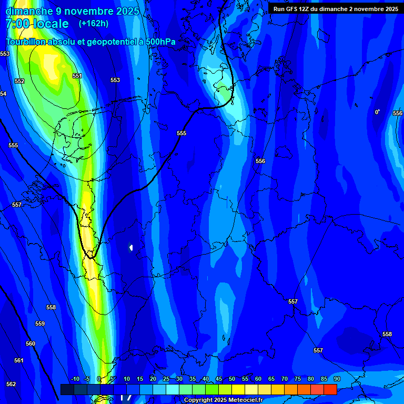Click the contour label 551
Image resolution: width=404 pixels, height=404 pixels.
(x=77, y=76)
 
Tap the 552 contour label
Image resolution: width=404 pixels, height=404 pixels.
(x=19, y=81)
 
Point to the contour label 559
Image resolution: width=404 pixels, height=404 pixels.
(x=40, y=324)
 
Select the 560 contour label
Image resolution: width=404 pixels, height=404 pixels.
(x=31, y=344)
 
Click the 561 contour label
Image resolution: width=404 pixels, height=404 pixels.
(x=19, y=360)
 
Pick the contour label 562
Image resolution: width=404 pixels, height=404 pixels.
(x=11, y=384)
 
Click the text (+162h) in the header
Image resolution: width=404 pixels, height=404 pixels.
(x=94, y=23)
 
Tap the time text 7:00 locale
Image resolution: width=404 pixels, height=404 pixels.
(x=37, y=24)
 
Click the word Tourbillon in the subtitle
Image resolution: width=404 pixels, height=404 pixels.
(x=26, y=42)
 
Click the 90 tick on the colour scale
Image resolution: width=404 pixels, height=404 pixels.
(x=337, y=379)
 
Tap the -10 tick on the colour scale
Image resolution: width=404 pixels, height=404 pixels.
(x=75, y=379)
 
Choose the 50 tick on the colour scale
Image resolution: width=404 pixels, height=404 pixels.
(x=232, y=379)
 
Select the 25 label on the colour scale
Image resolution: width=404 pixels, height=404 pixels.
(x=166, y=379)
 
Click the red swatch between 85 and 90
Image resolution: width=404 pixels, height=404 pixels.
(x=330, y=389)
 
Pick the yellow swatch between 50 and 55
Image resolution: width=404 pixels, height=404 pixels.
(x=238, y=389)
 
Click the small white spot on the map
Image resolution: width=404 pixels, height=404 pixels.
(x=130, y=247)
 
